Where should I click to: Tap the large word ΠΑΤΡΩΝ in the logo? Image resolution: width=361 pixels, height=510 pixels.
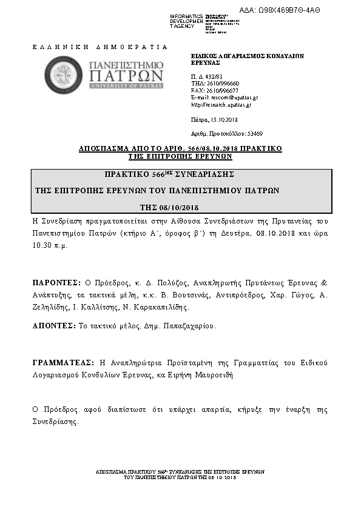(x=126, y=76)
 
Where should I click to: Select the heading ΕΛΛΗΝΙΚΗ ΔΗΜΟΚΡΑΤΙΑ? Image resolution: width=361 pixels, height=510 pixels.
(x=99, y=47)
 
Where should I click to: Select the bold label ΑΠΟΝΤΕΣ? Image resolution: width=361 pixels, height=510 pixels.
(x=54, y=325)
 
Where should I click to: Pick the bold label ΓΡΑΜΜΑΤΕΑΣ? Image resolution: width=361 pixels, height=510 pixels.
(x=63, y=362)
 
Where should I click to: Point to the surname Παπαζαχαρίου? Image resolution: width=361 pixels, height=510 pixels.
(x=187, y=325)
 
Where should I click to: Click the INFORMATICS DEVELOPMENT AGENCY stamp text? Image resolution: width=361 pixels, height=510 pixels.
(x=187, y=21)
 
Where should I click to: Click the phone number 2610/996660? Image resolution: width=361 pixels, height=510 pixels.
(x=223, y=84)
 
